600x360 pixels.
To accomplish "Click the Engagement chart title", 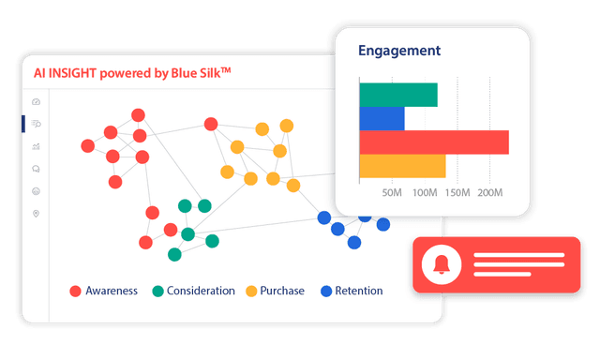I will click(x=399, y=51).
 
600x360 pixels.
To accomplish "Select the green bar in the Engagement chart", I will click(x=398, y=95).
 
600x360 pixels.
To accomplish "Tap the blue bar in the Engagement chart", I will click(x=382, y=118).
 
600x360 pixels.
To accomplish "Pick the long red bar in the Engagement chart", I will click(x=434, y=142).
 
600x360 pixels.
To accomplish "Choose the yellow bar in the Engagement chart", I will click(x=402, y=166).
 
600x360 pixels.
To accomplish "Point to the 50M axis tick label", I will click(x=393, y=193).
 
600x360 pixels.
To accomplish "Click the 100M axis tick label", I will click(x=426, y=193).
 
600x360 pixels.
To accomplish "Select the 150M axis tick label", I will click(x=457, y=193).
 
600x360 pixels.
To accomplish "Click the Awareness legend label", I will click(x=112, y=291).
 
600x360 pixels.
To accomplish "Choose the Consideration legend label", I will click(x=201, y=291).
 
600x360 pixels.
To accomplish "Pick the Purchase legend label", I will click(x=283, y=291).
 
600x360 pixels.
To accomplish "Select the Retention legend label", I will click(x=360, y=291).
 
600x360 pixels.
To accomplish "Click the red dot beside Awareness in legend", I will click(x=76, y=292).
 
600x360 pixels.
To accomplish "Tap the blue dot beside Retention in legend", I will click(x=326, y=292).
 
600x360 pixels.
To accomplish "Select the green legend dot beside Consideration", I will click(x=157, y=292).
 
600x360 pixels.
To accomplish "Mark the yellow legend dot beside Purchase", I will click(x=251, y=292).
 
